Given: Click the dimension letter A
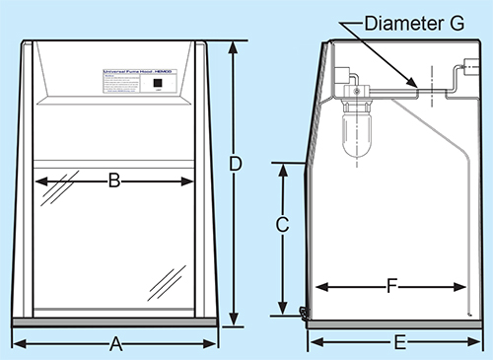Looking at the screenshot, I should pos(114,344).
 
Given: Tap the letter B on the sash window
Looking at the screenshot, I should pos(114,180).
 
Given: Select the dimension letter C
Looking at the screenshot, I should pos(282,225).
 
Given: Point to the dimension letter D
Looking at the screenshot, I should pos(236,165).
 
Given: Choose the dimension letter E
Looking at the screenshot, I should pos(399,343).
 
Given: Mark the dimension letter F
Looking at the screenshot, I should pos(391,287).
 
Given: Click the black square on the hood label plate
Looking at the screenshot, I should pos(158,85).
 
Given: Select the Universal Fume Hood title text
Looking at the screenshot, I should pos(139,72).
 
